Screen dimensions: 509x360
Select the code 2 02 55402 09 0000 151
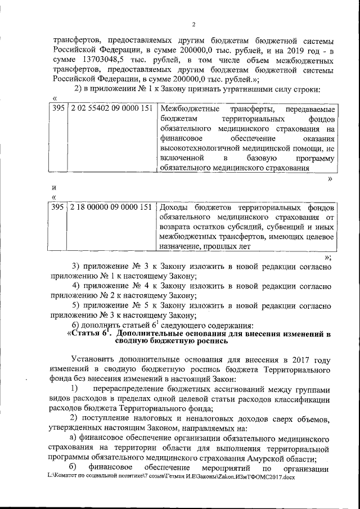[111, 108]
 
